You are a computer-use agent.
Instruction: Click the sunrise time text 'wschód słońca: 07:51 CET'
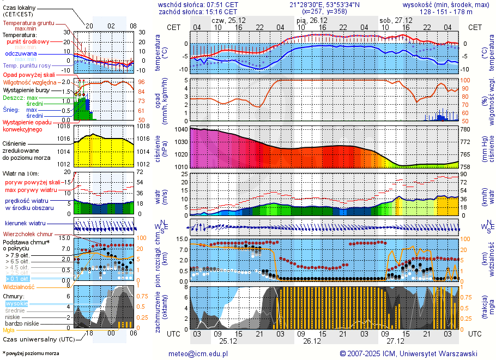(198, 4)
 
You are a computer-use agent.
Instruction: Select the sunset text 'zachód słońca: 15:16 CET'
(198, 11)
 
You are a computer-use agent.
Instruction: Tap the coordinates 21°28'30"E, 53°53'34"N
(332, 4)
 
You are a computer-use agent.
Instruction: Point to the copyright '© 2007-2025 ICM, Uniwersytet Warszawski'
(408, 353)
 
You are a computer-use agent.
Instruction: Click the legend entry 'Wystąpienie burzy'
(27, 89)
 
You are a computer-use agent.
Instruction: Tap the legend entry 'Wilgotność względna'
(29, 82)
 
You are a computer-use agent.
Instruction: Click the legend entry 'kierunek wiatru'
(24, 224)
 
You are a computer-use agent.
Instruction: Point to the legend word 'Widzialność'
(19, 286)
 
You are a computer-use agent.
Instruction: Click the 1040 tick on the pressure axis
(182, 129)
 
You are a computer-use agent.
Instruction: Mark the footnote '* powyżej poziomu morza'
(31, 353)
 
